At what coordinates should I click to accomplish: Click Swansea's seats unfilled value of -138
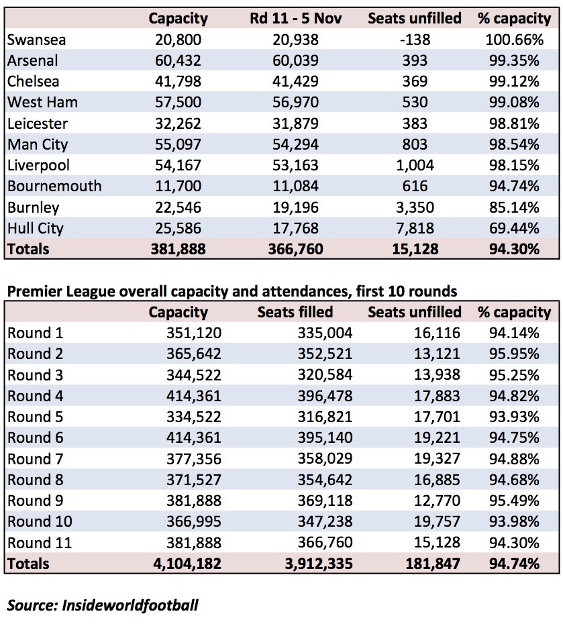[415, 40]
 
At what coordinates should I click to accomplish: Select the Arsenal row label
[33, 60]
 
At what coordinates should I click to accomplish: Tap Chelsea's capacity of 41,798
[178, 81]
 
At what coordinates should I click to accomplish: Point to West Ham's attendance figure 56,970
[295, 102]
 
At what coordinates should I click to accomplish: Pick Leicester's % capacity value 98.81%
[514, 123]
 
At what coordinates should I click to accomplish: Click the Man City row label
[38, 144]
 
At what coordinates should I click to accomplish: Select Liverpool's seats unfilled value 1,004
[415, 165]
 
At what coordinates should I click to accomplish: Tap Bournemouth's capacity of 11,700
[178, 187]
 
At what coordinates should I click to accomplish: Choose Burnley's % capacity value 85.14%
[514, 207]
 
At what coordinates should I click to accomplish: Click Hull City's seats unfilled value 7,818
[415, 228]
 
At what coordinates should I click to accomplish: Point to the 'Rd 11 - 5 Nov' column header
[296, 18]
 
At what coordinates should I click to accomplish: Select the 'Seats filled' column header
[295, 312]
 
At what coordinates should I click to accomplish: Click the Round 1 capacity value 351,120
[194, 333]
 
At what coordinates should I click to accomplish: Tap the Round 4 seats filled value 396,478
[325, 396]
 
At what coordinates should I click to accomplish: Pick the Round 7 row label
[35, 459]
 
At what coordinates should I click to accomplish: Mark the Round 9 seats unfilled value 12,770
[437, 501]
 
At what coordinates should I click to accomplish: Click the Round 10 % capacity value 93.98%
[514, 522]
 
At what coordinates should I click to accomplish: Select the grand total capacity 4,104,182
[187, 564]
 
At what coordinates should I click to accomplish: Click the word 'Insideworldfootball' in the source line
[130, 605]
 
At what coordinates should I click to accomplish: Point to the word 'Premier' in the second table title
[34, 292]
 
